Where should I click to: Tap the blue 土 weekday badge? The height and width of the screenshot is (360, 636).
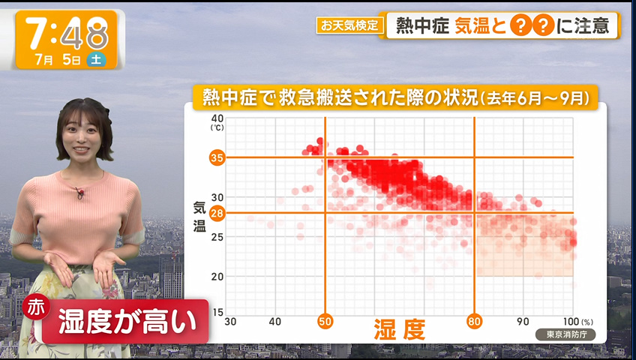[96, 59]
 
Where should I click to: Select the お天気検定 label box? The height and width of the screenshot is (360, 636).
[349, 25]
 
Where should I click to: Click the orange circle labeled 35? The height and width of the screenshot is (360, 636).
[217, 157]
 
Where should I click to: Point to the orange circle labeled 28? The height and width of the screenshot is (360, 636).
[217, 213]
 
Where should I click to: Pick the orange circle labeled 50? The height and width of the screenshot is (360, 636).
[325, 322]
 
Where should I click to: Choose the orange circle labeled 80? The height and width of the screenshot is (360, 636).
[474, 322]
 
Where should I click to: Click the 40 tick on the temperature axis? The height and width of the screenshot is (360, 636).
[217, 118]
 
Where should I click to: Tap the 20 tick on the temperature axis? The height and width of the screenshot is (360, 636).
[217, 277]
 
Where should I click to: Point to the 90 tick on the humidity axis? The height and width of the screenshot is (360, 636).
[523, 322]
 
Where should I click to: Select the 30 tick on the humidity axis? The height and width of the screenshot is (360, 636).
[230, 322]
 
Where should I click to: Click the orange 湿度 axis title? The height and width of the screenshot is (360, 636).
[400, 329]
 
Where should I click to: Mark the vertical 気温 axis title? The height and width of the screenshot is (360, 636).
[199, 217]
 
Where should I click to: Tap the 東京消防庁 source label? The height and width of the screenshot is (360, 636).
[565, 334]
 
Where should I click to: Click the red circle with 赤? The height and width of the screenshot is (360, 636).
[36, 307]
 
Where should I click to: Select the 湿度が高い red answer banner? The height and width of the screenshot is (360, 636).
[126, 322]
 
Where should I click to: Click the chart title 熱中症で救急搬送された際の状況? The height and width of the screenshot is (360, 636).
[340, 97]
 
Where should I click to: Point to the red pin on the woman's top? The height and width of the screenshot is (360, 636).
[79, 192]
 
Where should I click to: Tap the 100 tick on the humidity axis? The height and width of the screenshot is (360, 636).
[571, 322]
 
